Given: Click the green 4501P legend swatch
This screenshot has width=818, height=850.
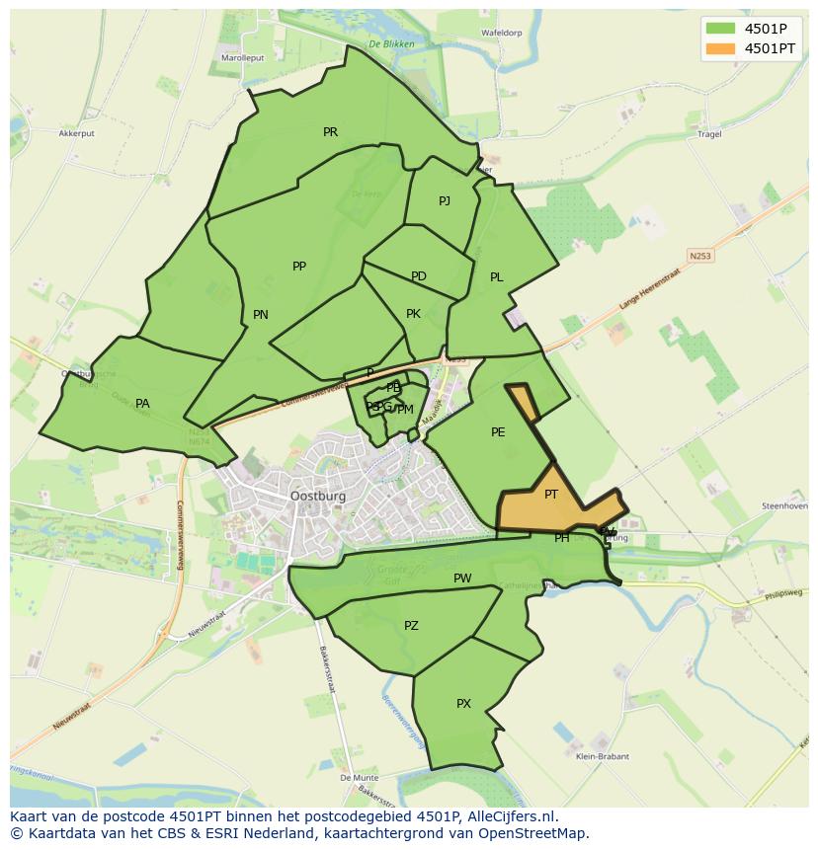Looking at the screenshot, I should pyautogui.click(x=720, y=28).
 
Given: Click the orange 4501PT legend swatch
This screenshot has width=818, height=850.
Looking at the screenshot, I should pyautogui.click(x=720, y=47).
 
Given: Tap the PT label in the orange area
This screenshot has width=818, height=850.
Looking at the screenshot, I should pyautogui.click(x=551, y=495).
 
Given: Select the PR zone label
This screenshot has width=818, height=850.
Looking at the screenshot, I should pyautogui.click(x=330, y=132).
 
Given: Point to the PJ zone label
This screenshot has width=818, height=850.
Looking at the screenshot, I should pyautogui.click(x=445, y=201).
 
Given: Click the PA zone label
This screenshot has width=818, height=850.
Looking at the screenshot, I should pyautogui.click(x=142, y=404).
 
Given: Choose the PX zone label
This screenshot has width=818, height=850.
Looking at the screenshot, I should pyautogui.click(x=463, y=704).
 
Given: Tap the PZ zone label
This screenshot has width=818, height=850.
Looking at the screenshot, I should pyautogui.click(x=411, y=626).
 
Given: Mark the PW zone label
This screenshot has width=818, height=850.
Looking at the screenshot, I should pyautogui.click(x=462, y=579).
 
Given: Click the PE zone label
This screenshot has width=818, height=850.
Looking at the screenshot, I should pyautogui.click(x=498, y=432).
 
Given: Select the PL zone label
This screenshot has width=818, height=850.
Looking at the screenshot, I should pyautogui.click(x=497, y=277).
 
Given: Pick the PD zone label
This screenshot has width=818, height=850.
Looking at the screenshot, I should pyautogui.click(x=419, y=276).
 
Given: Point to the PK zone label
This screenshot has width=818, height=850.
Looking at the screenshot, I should pyautogui.click(x=413, y=314).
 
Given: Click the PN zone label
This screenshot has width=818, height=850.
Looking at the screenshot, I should pyautogui.click(x=261, y=315).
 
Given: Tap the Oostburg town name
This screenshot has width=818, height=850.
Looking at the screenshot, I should pyautogui.click(x=318, y=497).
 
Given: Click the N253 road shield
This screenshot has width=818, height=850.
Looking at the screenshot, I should pyautogui.click(x=700, y=256).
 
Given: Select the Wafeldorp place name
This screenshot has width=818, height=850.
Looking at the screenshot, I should pyautogui.click(x=501, y=33).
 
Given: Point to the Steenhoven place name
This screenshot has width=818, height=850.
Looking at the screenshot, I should pyautogui.click(x=782, y=505).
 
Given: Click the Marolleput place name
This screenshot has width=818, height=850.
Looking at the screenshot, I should pyautogui.click(x=243, y=58).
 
